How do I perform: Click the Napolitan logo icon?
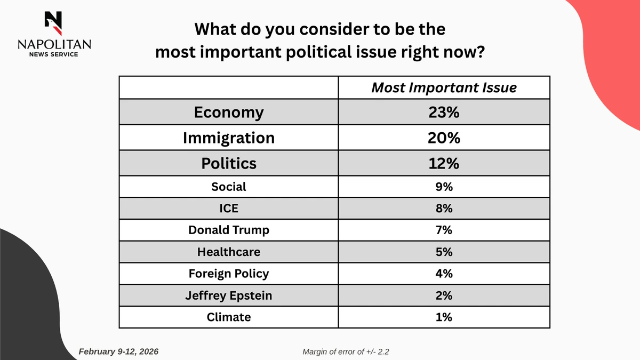pyautogui.click(x=54, y=22)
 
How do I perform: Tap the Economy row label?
pyautogui.click(x=229, y=113)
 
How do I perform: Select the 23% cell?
pyautogui.click(x=444, y=113)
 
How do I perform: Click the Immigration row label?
pyautogui.click(x=229, y=138)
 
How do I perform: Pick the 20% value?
pyautogui.click(x=444, y=138)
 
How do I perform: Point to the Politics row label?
pyautogui.click(x=229, y=163)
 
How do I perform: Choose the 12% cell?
pyautogui.click(x=444, y=163)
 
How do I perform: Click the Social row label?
pyautogui.click(x=229, y=186)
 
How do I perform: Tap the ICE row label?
pyautogui.click(x=229, y=208)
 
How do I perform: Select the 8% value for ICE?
pyautogui.click(x=444, y=208)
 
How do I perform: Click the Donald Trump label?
pyautogui.click(x=229, y=230)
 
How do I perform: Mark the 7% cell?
pyautogui.click(x=444, y=230)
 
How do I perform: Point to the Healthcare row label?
pyautogui.click(x=229, y=252)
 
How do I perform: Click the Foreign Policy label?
pyautogui.click(x=229, y=274)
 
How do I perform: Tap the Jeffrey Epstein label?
pyautogui.click(x=229, y=295)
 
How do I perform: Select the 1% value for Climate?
pyautogui.click(x=444, y=317)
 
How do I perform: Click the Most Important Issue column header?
pyautogui.click(x=444, y=87)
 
